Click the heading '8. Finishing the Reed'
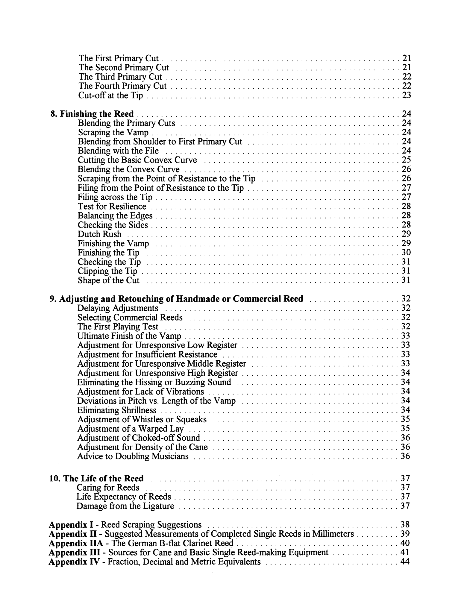tap(92, 114)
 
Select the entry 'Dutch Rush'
tap(100, 234)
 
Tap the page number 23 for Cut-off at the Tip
tap(406, 95)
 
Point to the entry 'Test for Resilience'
tap(112, 207)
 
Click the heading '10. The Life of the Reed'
tap(96, 478)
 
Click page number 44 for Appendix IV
tap(405, 562)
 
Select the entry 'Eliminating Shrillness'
tap(117, 410)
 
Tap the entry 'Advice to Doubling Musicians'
tap(133, 456)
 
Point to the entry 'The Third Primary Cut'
tap(120, 77)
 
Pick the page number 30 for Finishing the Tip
tap(406, 252)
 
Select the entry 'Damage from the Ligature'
tap(125, 506)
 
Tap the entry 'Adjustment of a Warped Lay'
tap(131, 429)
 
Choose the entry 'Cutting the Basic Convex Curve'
tap(137, 160)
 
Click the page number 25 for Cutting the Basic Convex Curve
tap(406, 160)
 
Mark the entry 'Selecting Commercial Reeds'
tap(130, 317)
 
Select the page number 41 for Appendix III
tap(405, 552)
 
